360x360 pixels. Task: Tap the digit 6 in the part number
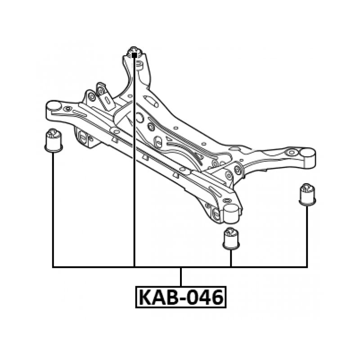(216, 297)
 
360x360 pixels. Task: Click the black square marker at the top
(134, 55)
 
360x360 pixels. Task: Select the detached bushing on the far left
(54, 140)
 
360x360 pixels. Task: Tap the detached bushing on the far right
(307, 193)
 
